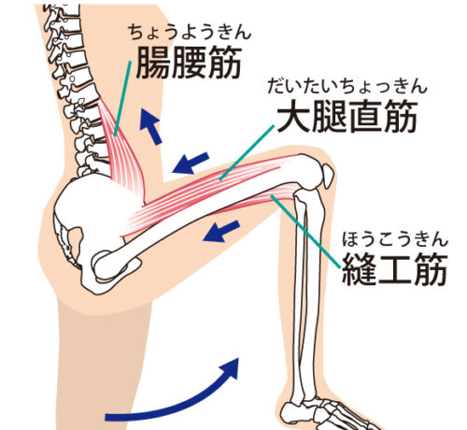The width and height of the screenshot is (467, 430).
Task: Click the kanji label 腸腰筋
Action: [x=189, y=63]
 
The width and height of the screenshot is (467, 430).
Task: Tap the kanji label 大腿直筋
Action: [x=347, y=117]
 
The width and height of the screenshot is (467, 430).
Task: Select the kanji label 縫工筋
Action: [x=395, y=269]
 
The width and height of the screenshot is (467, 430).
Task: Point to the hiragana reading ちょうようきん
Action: [x=190, y=32]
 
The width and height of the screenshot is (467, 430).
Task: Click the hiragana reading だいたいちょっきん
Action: [x=347, y=86]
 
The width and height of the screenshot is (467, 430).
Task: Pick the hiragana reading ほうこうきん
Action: [x=395, y=239]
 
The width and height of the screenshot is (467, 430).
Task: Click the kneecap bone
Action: [x=327, y=176]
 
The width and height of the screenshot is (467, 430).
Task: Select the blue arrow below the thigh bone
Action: [x=221, y=231]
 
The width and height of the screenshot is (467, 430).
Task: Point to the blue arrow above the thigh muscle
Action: [x=191, y=163]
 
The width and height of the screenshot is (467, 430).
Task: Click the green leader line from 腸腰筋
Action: [x=122, y=99]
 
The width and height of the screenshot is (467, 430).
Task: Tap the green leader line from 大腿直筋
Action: [x=247, y=152]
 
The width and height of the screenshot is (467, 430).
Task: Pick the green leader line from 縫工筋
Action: [x=305, y=232]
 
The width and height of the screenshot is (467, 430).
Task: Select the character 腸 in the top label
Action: [x=153, y=63]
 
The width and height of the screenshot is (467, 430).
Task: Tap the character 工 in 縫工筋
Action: [x=395, y=269]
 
